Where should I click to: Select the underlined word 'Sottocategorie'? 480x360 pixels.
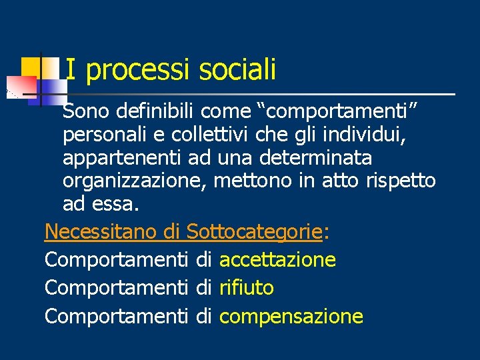(255, 231)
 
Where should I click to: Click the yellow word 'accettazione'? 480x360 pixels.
(277, 260)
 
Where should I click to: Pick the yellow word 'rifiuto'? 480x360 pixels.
(246, 288)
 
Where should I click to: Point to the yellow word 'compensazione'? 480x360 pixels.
(291, 317)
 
